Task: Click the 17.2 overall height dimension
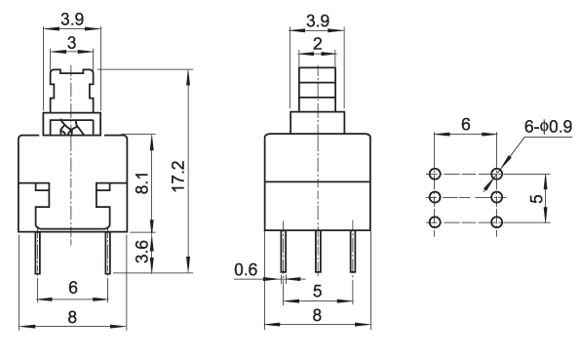point(178,176)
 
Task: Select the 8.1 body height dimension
point(142,183)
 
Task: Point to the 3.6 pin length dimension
point(141,252)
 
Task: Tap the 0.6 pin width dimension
point(246,269)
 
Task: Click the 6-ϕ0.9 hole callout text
point(548,126)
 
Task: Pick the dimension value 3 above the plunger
point(72,43)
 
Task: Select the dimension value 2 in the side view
point(318,44)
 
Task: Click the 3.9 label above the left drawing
point(72,20)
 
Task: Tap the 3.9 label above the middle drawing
point(318,20)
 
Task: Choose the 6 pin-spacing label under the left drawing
point(73,288)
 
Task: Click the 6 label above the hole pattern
point(466,124)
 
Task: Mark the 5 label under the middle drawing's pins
point(318,291)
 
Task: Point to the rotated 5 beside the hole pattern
point(536,198)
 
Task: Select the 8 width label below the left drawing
point(72,317)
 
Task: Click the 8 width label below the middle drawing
point(317,315)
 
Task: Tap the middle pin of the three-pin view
point(318,252)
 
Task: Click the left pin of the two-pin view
point(38,253)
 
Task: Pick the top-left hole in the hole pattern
point(435,174)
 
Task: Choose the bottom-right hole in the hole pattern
point(496,222)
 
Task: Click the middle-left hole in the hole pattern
point(435,197)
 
